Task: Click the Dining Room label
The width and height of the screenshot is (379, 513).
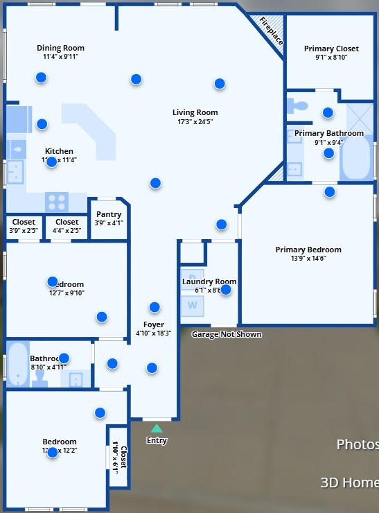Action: tap(60, 49)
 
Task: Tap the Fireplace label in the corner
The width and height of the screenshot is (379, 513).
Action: tap(271, 31)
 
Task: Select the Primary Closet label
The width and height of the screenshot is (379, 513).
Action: tap(331, 49)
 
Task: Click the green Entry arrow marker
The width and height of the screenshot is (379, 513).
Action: tap(157, 428)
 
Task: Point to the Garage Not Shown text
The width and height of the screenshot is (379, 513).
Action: tap(227, 335)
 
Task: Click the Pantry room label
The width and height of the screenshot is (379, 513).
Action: tap(108, 215)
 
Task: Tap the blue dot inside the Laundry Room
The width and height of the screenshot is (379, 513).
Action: tap(225, 290)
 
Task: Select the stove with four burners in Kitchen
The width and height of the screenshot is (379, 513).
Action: tap(56, 202)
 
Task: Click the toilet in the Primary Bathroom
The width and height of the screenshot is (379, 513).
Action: tap(299, 107)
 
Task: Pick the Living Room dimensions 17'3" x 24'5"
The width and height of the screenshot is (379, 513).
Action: tap(195, 122)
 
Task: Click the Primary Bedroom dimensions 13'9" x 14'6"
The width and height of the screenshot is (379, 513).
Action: tap(308, 259)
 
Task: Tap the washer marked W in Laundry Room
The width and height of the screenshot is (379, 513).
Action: tap(192, 304)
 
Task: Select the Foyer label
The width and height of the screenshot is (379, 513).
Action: tap(153, 324)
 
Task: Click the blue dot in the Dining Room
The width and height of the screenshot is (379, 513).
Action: tap(42, 78)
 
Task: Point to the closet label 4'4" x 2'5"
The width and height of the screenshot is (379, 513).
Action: tap(67, 230)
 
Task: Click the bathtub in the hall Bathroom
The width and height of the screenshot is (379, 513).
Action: tap(16, 363)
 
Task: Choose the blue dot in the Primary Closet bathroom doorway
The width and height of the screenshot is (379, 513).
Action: tap(328, 112)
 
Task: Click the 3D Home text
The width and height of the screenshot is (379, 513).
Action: tap(349, 482)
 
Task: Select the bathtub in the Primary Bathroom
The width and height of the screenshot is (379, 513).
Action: tap(356, 158)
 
